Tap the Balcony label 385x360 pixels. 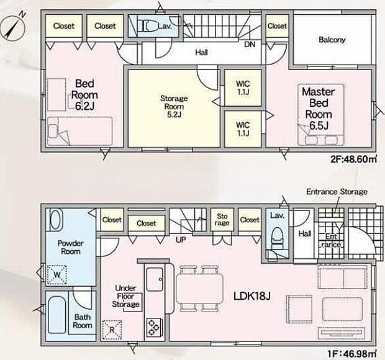tap(332, 40)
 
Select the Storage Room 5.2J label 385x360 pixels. tap(174, 107)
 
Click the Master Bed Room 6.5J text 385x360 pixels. tap(319, 109)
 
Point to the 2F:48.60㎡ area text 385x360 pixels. tap(353, 160)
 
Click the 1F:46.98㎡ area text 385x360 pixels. tap(352, 354)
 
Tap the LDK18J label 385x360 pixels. tap(251, 296)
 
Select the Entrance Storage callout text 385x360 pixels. tap(337, 191)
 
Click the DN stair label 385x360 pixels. tap(250, 45)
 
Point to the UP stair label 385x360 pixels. tap(181, 240)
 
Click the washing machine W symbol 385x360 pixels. tap(57, 274)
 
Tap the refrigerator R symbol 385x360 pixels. tap(112, 330)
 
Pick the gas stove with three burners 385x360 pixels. tap(155, 328)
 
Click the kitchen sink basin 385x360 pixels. tap(155, 279)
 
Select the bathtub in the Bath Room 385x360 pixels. tap(57, 315)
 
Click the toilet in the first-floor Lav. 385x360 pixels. tap(278, 238)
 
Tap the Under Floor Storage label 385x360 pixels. tap(125, 296)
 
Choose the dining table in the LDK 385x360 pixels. tap(199, 289)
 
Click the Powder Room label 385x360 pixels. tap(70, 248)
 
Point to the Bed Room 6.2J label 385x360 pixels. tap(84, 95)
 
